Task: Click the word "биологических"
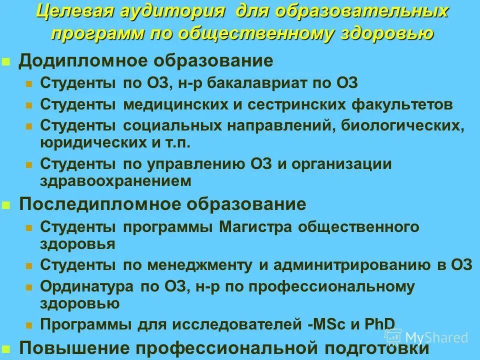coord(403,126)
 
